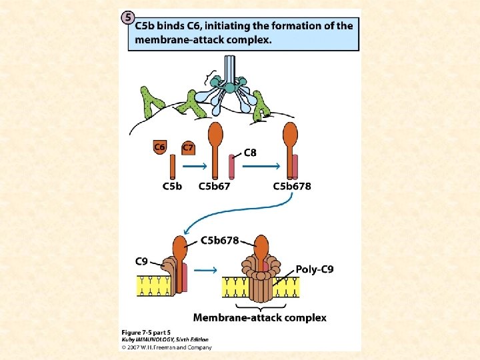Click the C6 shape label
coord(160,147)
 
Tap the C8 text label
coord(250,152)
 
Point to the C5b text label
coord(172,186)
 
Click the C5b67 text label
coord(214,186)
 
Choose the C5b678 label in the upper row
coord(291,186)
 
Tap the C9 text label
coord(141,261)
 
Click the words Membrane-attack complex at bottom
coord(259,317)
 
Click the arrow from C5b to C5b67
coord(193,167)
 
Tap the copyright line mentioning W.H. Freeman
coord(167,347)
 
